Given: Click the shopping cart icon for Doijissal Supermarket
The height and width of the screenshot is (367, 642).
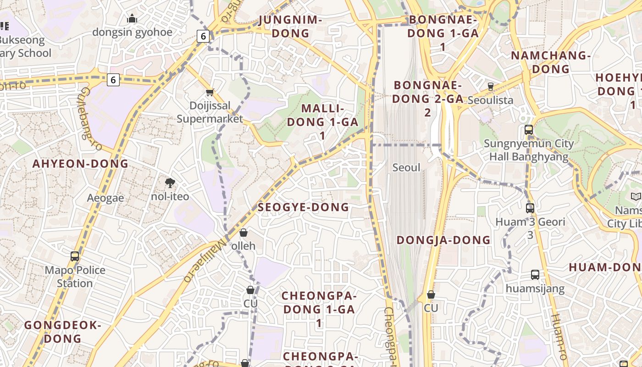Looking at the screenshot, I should point(210,92).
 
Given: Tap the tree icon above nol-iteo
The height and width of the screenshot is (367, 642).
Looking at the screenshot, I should point(170,183).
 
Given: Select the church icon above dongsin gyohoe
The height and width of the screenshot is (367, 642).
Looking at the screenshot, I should point(132,19).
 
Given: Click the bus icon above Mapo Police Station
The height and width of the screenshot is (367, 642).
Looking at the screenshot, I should point(75,256).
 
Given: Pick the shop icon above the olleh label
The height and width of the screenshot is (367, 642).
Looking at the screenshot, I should point(244,233).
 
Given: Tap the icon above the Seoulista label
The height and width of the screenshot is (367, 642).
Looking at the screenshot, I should point(491,87).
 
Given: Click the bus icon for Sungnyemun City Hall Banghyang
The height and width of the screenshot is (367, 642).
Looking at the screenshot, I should point(528,130).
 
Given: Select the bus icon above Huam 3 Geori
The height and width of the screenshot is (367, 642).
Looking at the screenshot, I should point(530,208).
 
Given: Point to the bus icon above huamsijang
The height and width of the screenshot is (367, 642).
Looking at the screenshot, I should point(535,275).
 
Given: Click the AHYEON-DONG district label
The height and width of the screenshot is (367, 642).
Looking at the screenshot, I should point(80,164).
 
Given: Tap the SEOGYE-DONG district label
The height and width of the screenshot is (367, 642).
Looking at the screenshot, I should point(303,207).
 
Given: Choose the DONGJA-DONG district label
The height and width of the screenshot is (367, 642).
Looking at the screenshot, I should point(443,240).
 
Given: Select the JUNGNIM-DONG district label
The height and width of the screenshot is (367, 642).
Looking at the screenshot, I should point(290,27).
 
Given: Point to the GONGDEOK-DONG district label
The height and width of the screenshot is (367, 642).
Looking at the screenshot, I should point(62,332).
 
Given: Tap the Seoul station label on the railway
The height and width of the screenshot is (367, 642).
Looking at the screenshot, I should point(406,168).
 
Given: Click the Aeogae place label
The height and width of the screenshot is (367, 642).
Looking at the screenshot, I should point(105,198).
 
